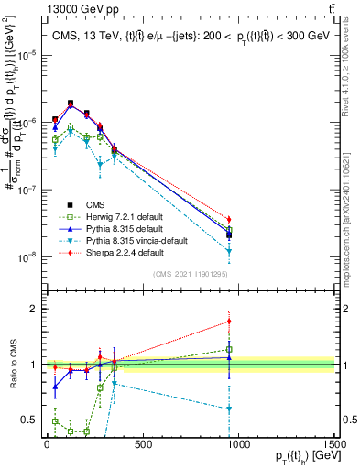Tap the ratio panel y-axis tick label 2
coord(32,309)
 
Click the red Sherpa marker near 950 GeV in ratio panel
coord(229,321)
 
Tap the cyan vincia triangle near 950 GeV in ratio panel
coord(229,409)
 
